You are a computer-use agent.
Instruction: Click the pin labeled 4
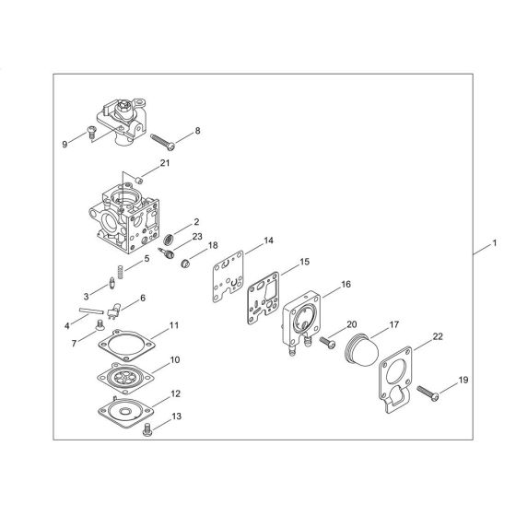coord(97,311)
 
